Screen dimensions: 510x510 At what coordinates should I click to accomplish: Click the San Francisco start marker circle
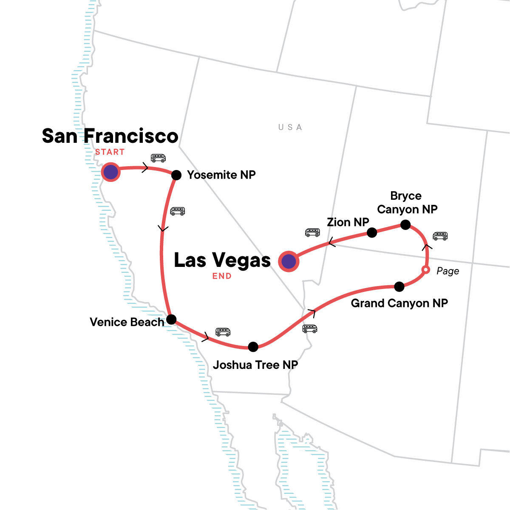coord(110,173)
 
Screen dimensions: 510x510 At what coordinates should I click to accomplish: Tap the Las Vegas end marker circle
coord(289,261)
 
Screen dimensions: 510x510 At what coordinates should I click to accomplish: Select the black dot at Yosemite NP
coord(176,175)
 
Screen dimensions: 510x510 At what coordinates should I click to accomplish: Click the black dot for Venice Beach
coord(171,320)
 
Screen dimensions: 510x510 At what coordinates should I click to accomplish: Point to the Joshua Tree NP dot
coord(253,347)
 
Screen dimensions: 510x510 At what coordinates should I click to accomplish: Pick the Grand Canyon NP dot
coord(399,287)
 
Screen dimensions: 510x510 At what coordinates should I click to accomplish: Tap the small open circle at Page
coord(425,270)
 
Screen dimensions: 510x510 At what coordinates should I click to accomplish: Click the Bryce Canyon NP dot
coord(405,225)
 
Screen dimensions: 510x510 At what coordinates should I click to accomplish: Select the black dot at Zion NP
coord(372,232)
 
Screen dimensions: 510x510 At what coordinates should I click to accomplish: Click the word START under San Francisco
coord(110,152)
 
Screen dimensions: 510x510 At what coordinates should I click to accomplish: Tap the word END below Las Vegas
coord(222,276)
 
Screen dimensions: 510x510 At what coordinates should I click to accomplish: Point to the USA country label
coord(290,127)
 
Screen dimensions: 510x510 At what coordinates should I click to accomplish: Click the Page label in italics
coord(448,271)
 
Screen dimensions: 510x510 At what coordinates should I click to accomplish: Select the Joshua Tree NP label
coord(255,365)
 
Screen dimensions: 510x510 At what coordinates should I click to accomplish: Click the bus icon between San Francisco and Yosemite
coord(158,158)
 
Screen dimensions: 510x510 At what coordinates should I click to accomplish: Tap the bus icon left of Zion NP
coord(312,232)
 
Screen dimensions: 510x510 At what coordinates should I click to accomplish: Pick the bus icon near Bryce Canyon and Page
coord(440,236)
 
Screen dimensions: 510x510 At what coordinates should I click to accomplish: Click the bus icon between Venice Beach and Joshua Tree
coord(223,332)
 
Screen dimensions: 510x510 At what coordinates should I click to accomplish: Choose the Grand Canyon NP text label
coord(399,303)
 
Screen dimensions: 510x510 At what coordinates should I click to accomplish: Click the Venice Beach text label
coord(127,322)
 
